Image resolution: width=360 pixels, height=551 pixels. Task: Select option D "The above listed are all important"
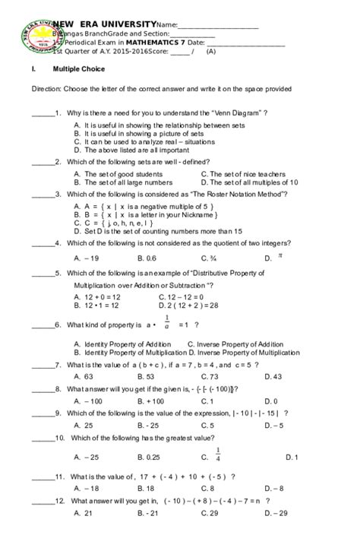point(122,150)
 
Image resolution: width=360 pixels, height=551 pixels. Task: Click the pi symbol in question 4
point(279,256)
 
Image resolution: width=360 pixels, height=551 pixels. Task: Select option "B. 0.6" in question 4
point(148,258)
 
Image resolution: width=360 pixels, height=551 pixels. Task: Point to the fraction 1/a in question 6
point(166,324)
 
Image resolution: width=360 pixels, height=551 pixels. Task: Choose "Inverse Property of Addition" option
point(232,344)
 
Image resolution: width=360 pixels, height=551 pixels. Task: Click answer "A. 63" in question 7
point(84,376)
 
